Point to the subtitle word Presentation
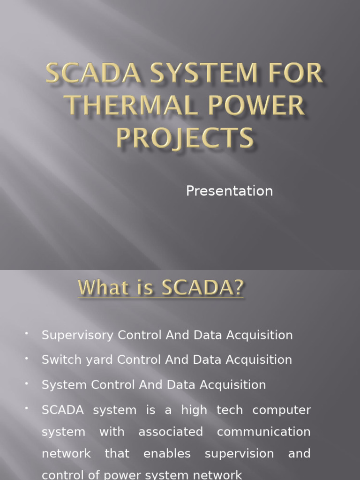(x=229, y=191)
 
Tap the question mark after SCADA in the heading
(x=238, y=288)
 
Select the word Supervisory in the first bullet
(x=78, y=335)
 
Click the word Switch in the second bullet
(x=59, y=360)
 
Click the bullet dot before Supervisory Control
(x=27, y=333)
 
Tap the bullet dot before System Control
(x=27, y=383)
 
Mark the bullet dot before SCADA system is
(x=27, y=408)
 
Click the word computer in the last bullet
(x=281, y=410)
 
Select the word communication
(x=263, y=432)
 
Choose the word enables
(x=167, y=454)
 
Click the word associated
(x=171, y=432)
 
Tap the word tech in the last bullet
(x=230, y=410)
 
